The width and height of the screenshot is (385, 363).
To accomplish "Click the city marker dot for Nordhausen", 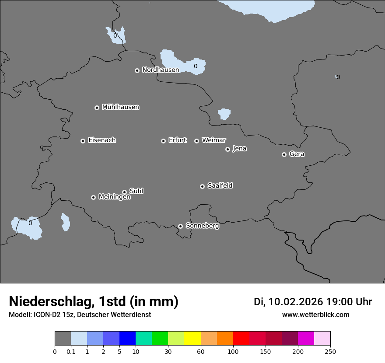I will point(137,70).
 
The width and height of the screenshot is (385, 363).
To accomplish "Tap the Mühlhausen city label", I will point(120,107).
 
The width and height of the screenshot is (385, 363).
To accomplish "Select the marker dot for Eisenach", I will point(83,141).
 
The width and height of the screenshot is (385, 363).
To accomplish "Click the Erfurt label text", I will point(177,140).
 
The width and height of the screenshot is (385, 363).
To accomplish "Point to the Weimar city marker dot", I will point(196,141).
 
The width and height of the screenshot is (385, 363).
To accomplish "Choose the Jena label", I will point(239,149).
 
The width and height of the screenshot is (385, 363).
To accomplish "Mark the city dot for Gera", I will point(284,154).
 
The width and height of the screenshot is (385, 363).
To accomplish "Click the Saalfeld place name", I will point(220,186).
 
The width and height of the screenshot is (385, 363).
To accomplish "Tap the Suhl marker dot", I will point(124,192).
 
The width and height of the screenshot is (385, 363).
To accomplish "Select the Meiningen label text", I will point(114,197).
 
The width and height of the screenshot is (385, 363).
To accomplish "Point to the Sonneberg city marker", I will point(180,226).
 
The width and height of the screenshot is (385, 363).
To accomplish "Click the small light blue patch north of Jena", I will point(224,114).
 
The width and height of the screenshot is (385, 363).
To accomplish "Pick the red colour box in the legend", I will point(241,339).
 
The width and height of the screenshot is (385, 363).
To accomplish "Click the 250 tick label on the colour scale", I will point(330,352).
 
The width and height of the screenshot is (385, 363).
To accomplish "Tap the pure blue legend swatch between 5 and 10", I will point(127,339).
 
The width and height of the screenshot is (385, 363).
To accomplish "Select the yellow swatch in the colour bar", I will point(192,339).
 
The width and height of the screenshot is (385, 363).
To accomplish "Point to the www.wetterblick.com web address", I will point(315,315).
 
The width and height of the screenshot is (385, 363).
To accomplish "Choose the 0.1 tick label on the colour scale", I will point(71,352).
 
